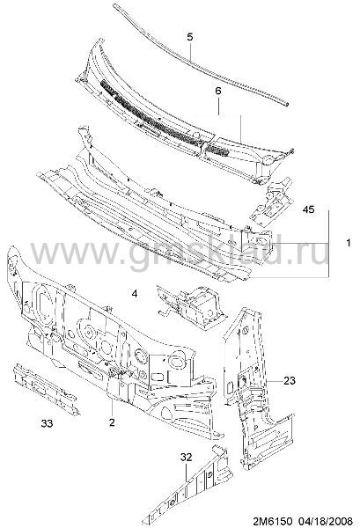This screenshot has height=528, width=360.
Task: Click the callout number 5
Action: tap(190, 37)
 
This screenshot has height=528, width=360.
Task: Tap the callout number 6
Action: tap(218, 91)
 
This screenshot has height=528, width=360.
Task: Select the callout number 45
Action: tap(308, 209)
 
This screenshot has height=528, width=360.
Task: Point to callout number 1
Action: tap(349, 243)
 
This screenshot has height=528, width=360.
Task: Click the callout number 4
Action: tap(135, 294)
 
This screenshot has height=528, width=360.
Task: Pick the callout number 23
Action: tap(290, 380)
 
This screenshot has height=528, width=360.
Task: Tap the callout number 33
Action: tap(47, 423)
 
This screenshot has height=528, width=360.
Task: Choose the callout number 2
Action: tap(112, 422)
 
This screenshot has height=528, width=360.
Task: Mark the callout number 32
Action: tap(186, 458)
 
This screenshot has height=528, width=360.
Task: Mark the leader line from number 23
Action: tap(273, 381)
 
